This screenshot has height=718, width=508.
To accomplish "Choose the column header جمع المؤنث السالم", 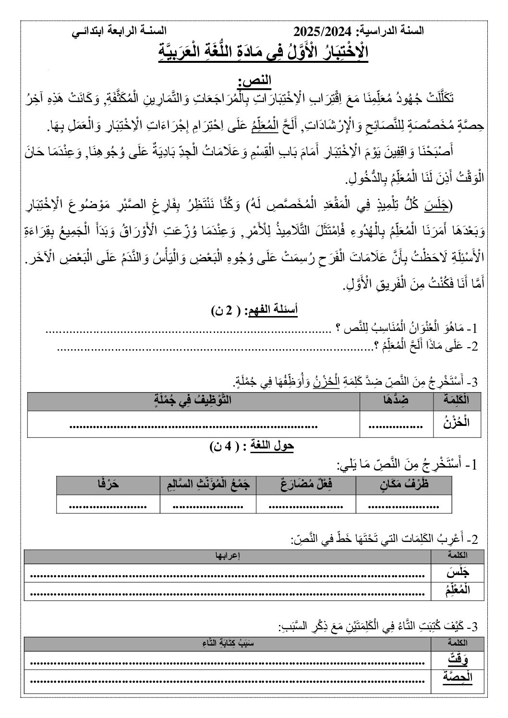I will point(208,485).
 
